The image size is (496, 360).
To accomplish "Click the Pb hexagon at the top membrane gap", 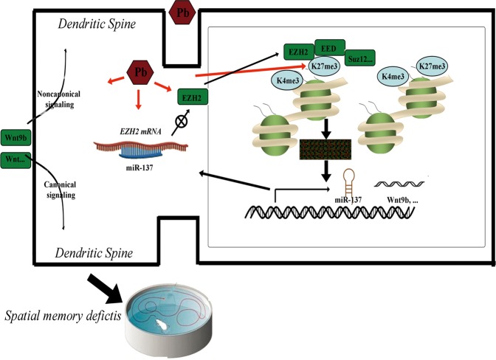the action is [182, 13].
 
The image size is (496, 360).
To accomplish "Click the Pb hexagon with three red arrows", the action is [140, 72].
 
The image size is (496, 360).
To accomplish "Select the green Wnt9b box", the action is [15, 138].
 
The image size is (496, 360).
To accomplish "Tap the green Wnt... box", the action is [15, 160].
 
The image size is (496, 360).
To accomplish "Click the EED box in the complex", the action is [330, 49].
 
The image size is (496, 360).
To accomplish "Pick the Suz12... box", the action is [360, 58].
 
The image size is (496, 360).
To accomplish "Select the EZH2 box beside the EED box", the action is [299, 52].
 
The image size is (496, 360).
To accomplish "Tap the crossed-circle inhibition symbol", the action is [181, 122].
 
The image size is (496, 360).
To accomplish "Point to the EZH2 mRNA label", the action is [141, 131].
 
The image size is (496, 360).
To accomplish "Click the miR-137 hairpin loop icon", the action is [349, 181].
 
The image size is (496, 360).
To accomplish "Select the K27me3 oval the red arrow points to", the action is [324, 66].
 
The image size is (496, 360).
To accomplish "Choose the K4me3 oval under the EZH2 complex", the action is [288, 80].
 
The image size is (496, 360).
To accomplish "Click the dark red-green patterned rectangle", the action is [325, 149].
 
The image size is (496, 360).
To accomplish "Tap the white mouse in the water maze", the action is [162, 325].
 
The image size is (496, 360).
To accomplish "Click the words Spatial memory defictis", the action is [63, 316].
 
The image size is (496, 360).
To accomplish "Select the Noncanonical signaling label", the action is [59, 99].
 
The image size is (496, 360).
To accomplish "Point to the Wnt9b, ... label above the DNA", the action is [402, 200].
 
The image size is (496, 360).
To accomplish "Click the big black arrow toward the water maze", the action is [105, 289].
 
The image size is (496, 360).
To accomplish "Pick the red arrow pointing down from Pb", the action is [137, 100].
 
